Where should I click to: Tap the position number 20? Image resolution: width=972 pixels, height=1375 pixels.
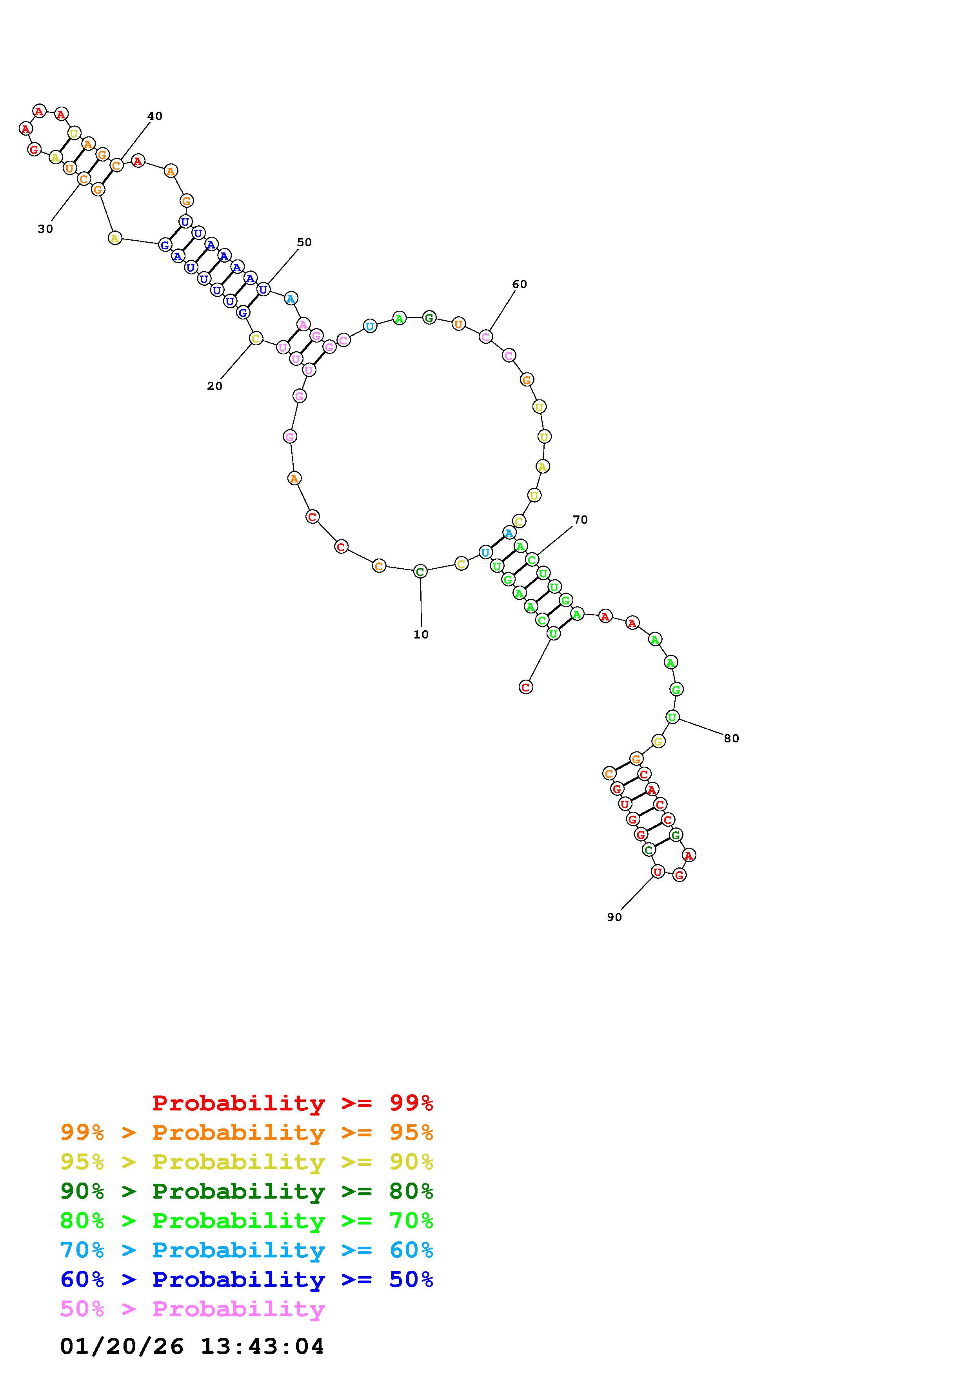pyautogui.click(x=214, y=386)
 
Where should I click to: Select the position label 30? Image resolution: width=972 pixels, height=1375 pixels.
pyautogui.click(x=45, y=229)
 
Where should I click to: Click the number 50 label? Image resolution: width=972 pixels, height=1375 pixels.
pyautogui.click(x=304, y=242)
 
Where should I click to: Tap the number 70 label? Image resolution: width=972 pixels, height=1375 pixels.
pyautogui.click(x=580, y=520)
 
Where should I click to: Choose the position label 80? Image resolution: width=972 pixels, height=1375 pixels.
pyautogui.click(x=731, y=738)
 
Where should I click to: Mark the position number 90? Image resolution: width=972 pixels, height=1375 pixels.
pyautogui.click(x=614, y=917)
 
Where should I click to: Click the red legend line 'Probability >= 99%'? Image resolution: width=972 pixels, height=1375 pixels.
pyautogui.click(x=293, y=1103)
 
